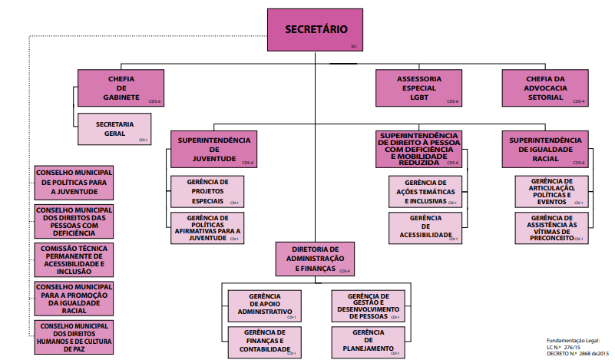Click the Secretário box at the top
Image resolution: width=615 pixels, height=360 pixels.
click(x=316, y=30)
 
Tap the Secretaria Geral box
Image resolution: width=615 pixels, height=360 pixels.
click(x=114, y=129)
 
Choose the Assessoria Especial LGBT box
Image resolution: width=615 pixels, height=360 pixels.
click(x=418, y=88)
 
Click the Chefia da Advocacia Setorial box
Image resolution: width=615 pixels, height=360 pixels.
click(x=545, y=88)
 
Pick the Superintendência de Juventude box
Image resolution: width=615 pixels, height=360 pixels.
click(x=214, y=150)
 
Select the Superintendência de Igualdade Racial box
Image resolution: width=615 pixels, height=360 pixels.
click(x=546, y=150)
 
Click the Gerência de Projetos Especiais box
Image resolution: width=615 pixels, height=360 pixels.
click(x=207, y=191)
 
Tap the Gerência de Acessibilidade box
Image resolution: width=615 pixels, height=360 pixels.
click(x=425, y=228)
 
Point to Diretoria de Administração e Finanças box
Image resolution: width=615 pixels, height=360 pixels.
click(x=315, y=259)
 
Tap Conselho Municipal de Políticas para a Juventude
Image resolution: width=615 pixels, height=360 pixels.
click(x=74, y=182)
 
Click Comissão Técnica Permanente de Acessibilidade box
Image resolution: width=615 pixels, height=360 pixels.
click(x=74, y=260)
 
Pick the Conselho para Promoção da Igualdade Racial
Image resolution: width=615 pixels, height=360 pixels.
click(x=74, y=299)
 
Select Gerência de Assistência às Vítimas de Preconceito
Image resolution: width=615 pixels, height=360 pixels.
click(x=552, y=228)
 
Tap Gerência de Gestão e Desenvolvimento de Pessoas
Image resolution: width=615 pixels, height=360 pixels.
click(x=368, y=306)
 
